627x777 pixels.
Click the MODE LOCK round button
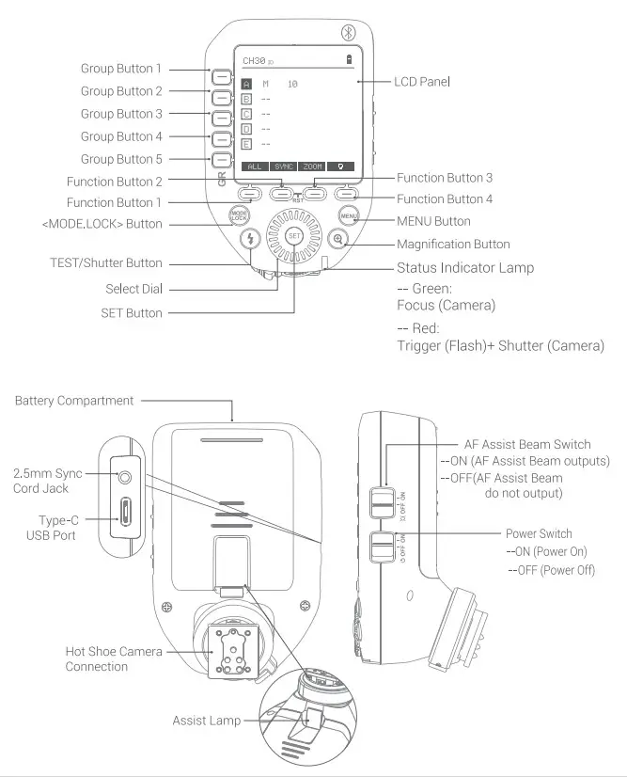click(x=239, y=215)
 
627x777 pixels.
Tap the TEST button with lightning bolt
click(x=250, y=239)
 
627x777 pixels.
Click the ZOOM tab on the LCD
click(x=313, y=166)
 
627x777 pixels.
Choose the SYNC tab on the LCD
click(x=283, y=166)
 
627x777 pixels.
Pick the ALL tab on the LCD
click(x=254, y=166)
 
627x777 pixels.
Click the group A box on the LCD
click(x=247, y=85)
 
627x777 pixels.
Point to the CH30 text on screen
click(x=254, y=61)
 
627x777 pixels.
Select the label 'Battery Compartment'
click(x=74, y=401)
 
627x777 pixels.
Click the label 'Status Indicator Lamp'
click(x=464, y=268)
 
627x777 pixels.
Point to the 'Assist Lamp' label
click(x=206, y=721)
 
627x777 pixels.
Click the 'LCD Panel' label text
click(x=421, y=83)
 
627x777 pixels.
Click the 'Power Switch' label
click(x=539, y=533)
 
